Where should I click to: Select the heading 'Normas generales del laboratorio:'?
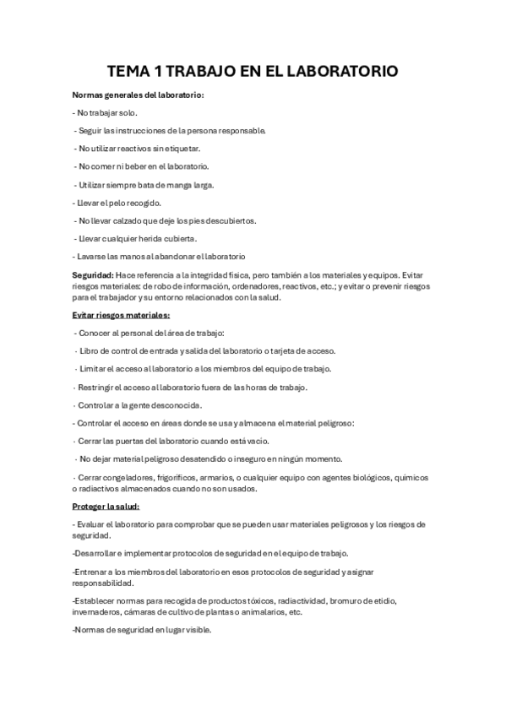click(138, 95)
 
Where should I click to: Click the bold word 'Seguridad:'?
click(95, 275)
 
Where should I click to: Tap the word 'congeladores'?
click(124, 478)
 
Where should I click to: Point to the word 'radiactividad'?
click(297, 600)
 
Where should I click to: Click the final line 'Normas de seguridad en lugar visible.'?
click(142, 630)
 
